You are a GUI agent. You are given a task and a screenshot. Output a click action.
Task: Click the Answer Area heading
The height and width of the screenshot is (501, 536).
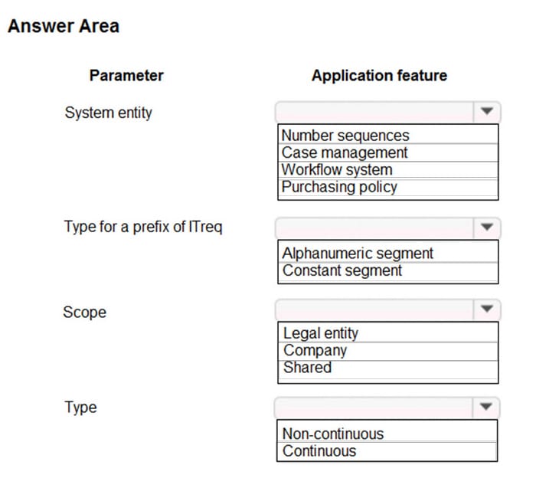[64, 26]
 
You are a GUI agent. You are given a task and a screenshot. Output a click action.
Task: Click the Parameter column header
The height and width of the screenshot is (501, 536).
[126, 75]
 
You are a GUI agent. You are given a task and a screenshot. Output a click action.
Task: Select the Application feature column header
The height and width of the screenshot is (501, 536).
[379, 75]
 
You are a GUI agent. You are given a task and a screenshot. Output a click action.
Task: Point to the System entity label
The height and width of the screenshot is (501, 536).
[108, 113]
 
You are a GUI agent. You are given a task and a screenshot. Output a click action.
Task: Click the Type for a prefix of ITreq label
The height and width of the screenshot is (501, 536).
[143, 227]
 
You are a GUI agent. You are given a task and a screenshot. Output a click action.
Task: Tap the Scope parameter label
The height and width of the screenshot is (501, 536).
[84, 312]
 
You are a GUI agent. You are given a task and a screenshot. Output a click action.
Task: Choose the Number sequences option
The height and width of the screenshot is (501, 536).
[345, 136]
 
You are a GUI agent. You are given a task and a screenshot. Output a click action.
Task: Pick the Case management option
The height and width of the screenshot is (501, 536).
[345, 152]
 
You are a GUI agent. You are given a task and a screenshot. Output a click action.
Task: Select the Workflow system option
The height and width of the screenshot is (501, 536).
[337, 169]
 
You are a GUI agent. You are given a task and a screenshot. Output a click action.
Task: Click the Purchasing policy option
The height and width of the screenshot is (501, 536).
[339, 186]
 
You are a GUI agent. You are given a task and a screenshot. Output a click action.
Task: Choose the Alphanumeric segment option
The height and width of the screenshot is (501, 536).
[358, 253]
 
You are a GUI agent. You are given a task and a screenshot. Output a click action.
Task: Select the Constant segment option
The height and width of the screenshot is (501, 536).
[342, 270]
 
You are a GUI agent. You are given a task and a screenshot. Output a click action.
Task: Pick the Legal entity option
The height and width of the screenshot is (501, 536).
[321, 332]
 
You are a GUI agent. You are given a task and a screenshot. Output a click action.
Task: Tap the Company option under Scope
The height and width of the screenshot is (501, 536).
[315, 350]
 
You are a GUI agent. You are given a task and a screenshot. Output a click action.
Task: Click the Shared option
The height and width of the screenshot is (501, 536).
[307, 367]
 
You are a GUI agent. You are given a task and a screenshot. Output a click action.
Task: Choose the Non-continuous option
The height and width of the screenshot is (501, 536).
[333, 434]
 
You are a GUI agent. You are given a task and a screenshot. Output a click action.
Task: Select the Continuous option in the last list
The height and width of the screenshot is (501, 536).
[319, 450]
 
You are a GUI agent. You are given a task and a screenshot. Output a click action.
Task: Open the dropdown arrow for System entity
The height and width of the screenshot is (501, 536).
[486, 112]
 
